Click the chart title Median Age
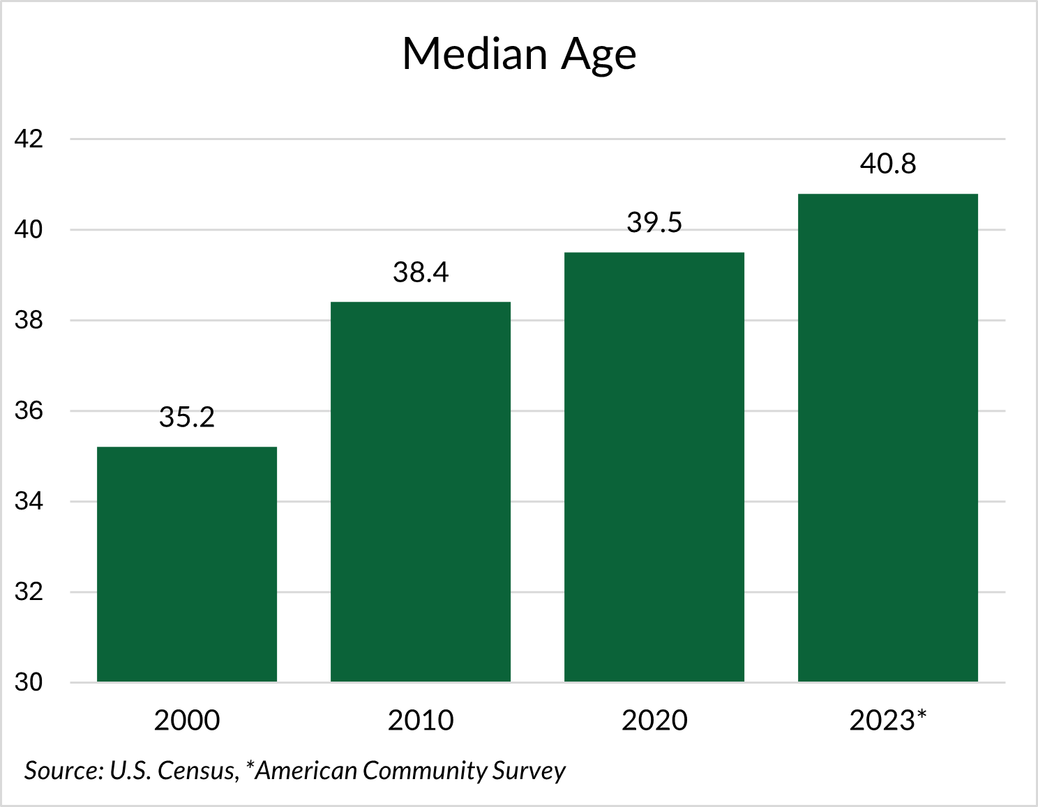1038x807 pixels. click(519, 54)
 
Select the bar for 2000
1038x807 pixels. click(187, 564)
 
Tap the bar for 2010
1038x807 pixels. click(421, 491)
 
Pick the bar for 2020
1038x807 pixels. click(654, 467)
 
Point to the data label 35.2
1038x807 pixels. click(187, 417)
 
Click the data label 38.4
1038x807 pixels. click(421, 272)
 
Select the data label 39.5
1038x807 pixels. click(654, 222)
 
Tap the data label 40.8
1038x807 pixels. click(888, 164)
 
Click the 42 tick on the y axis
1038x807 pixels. click(29, 139)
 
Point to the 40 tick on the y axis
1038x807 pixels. click(29, 229)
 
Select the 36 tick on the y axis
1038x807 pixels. click(29, 410)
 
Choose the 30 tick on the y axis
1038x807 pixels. click(29, 682)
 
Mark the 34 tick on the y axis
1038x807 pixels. click(29, 501)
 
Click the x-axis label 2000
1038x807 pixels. click(187, 720)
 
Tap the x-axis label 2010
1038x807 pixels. click(421, 720)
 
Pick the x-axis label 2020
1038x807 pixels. click(654, 720)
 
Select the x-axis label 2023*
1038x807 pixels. click(888, 720)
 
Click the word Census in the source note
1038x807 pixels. click(197, 771)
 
